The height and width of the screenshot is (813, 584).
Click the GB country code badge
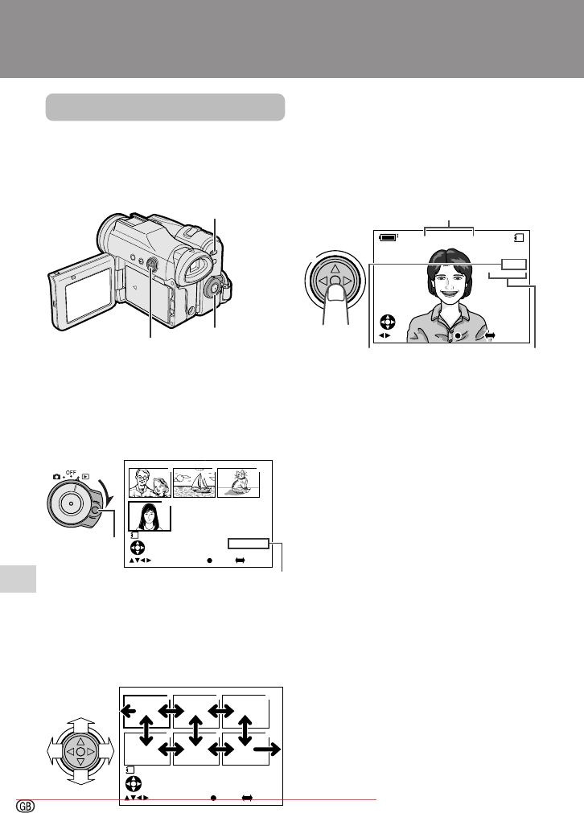26,806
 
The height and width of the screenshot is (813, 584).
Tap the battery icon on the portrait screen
389,237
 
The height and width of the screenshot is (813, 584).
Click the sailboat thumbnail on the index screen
194,482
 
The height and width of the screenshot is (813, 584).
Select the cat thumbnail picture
238,482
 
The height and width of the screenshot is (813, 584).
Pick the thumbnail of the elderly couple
150,482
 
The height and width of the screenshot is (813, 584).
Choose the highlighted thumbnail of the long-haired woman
150,516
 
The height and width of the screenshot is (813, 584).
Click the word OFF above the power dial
71,472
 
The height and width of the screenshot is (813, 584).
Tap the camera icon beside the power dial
56,477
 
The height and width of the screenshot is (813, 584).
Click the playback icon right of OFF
85,477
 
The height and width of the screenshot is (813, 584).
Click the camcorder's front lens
110,233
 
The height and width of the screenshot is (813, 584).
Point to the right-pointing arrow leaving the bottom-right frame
267,749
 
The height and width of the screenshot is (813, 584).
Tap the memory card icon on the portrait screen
519,237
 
